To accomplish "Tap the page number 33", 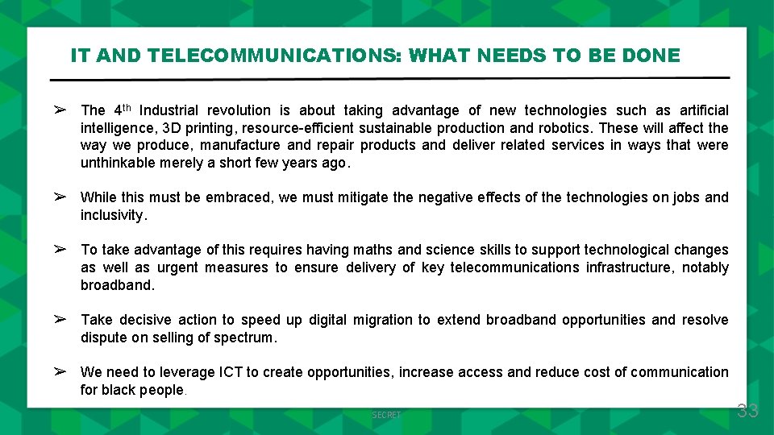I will (747, 411).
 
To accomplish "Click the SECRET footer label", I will (386, 415).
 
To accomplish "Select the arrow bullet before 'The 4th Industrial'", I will (60, 110).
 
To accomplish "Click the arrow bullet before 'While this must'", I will (60, 197).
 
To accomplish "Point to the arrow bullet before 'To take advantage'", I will (60, 250).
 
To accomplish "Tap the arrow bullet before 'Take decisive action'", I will (60, 320).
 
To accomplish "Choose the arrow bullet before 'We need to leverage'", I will (60, 371).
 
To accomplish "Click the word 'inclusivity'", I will (112, 215).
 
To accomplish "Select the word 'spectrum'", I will (245, 338).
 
